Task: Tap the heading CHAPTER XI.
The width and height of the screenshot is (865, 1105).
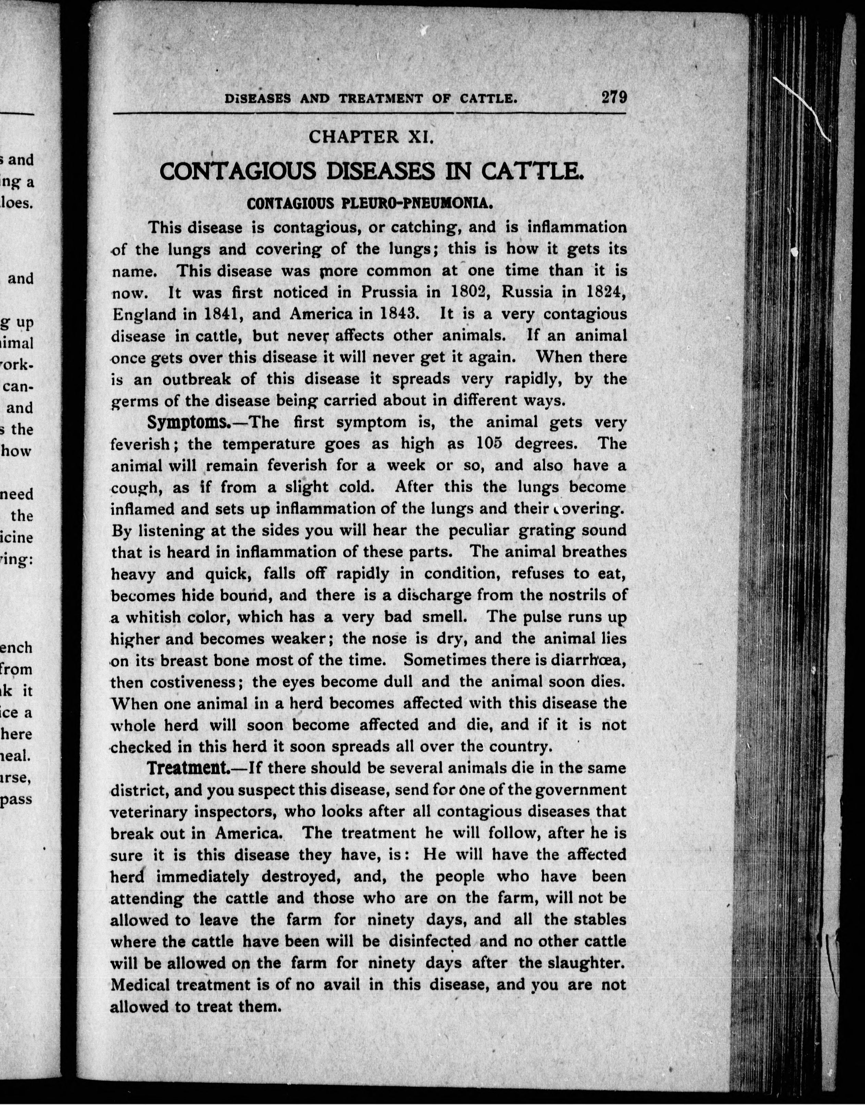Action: pyautogui.click(x=371, y=137)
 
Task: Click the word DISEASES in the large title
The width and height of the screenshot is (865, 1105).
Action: pyautogui.click(x=380, y=172)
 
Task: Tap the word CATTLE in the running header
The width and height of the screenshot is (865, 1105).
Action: pyautogui.click(x=487, y=98)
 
